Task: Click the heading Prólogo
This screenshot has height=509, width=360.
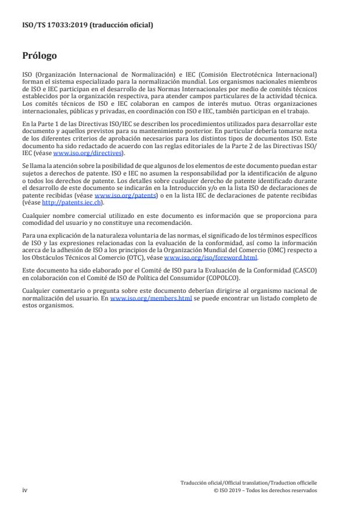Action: (x=39, y=56)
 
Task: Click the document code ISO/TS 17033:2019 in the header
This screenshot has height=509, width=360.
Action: (x=52, y=25)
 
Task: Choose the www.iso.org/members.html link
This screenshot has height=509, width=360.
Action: (x=151, y=298)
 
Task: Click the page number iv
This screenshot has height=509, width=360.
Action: (x=25, y=490)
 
